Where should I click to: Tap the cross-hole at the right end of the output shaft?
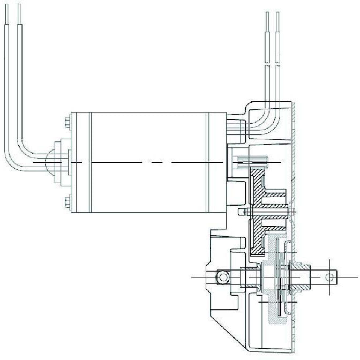(x=330, y=277)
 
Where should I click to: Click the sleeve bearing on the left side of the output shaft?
(x=249, y=277)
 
